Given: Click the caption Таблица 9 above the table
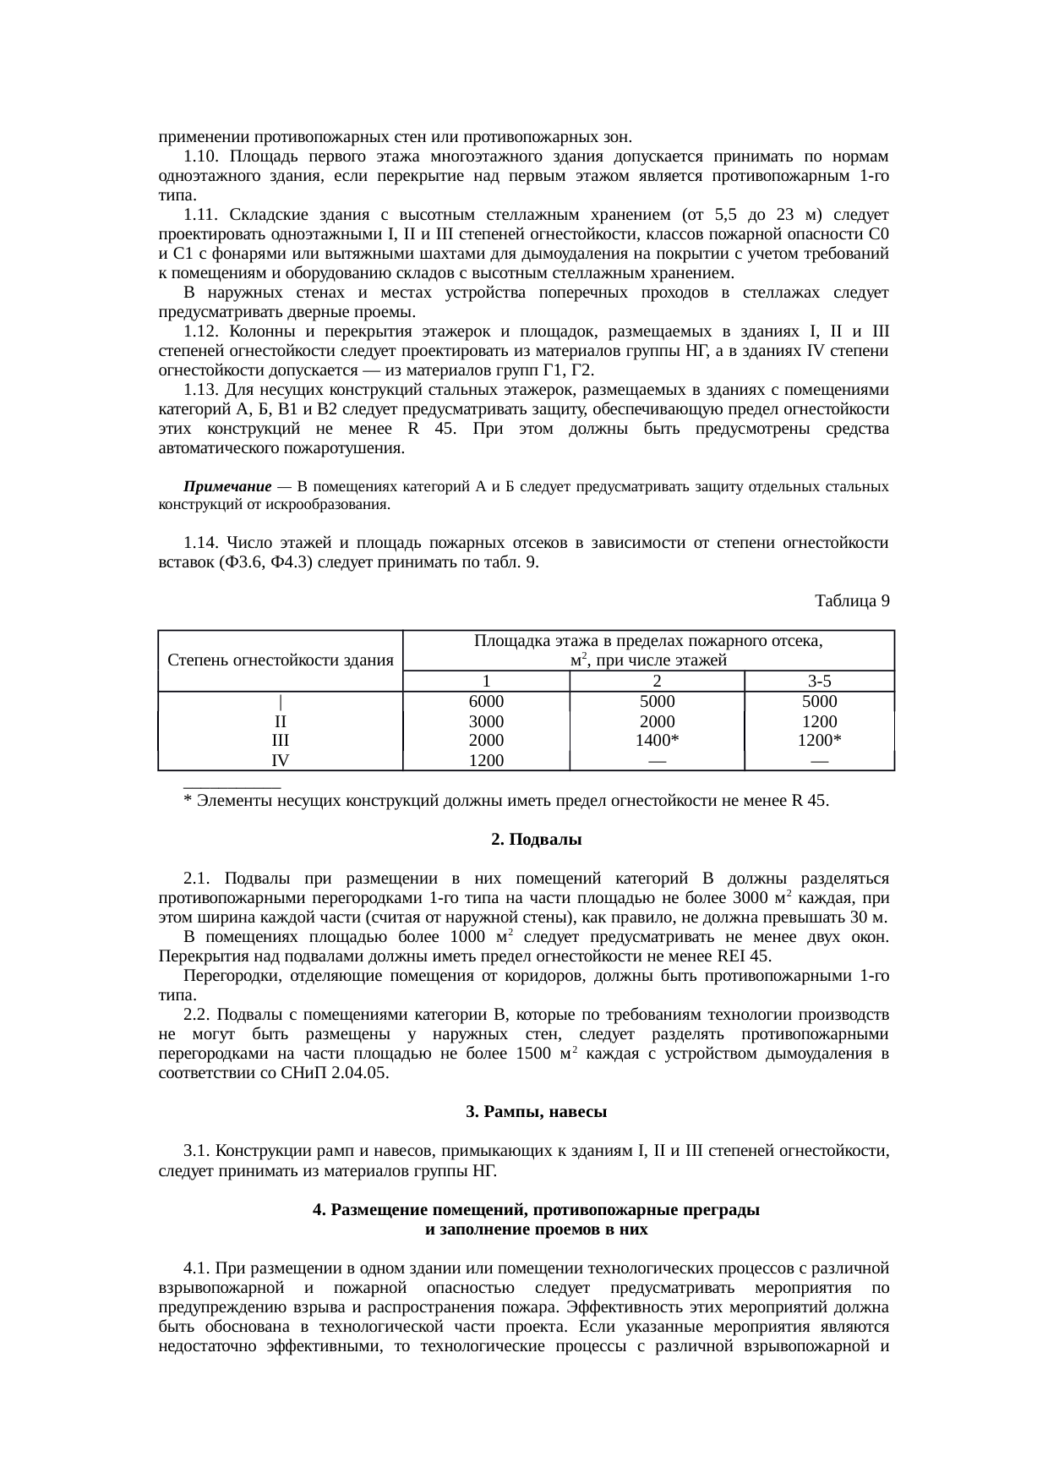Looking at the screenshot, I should click(x=851, y=601).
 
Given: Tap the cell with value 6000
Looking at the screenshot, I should click(x=486, y=702).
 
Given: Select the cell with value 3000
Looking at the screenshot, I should click(x=486, y=722).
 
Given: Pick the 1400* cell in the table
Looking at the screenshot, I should click(x=657, y=741).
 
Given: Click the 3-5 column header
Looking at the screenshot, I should click(x=819, y=682).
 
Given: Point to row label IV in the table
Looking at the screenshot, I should click(x=281, y=760).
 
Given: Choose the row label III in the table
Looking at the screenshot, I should click(x=281, y=741).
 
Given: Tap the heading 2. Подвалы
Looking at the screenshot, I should click(x=536, y=841).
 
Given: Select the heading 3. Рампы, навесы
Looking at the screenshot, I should click(x=536, y=1112).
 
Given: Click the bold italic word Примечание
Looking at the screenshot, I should click(x=227, y=487).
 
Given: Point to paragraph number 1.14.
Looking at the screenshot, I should click(x=201, y=542).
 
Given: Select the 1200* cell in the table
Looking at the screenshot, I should click(x=819, y=741).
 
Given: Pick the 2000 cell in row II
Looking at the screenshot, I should click(x=657, y=722).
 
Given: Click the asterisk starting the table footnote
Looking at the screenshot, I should click(x=187, y=802).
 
